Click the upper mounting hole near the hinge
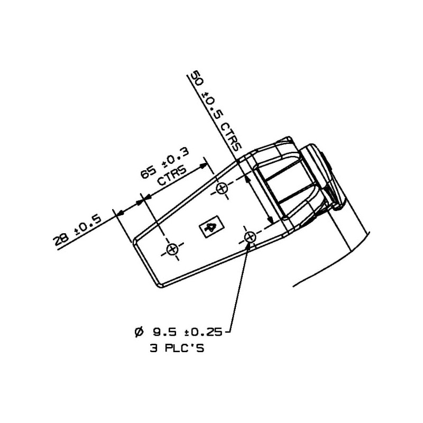222,188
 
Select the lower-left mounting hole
172,249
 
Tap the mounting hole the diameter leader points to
250,237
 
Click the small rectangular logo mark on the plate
212,227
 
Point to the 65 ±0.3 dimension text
165,163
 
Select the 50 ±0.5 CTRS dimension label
216,111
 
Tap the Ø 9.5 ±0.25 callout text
178,332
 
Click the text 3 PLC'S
177,348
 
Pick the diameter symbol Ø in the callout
139,332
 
